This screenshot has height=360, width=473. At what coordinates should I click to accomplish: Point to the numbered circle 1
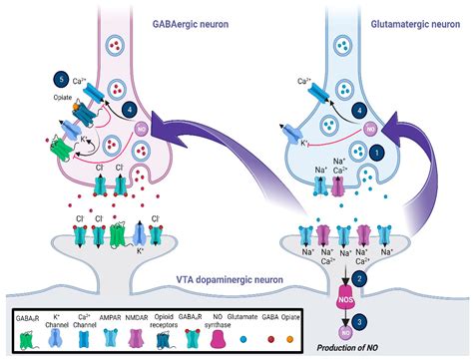[x=377, y=154]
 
